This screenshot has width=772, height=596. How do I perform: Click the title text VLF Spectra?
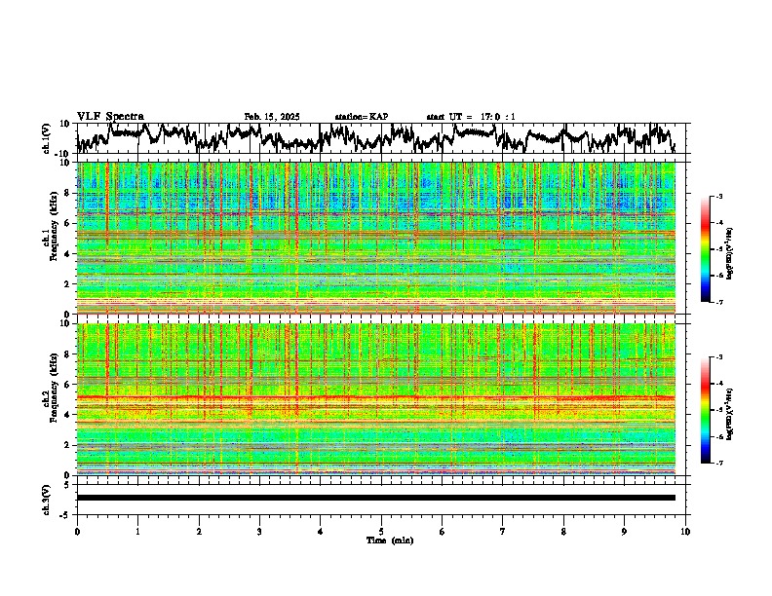110,116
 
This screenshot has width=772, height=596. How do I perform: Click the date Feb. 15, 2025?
272,117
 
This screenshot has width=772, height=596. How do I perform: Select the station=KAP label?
361,117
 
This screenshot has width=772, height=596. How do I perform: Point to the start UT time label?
471,117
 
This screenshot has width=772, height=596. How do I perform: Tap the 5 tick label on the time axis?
381,532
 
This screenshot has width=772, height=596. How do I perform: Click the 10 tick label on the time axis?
685,532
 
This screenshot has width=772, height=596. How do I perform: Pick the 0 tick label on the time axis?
77,532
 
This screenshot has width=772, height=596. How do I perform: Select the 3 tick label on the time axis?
259,532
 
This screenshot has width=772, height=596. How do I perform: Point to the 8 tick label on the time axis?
563,532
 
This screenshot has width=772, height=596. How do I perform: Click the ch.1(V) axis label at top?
46,138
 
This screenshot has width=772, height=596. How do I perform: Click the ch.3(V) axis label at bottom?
46,498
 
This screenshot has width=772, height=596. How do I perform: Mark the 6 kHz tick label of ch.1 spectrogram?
66,224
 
